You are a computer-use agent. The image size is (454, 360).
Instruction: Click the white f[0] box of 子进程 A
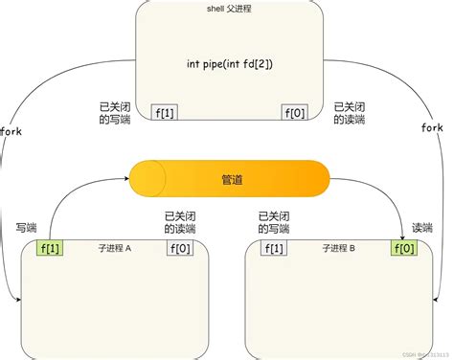coord(180,248)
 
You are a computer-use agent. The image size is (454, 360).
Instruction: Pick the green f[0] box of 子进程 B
coord(404,248)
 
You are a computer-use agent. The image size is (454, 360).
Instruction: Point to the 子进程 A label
coord(115,248)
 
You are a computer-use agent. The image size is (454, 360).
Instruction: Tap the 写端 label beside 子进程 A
coord(26,228)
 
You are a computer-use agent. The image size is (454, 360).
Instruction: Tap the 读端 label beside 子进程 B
coord(421,228)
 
